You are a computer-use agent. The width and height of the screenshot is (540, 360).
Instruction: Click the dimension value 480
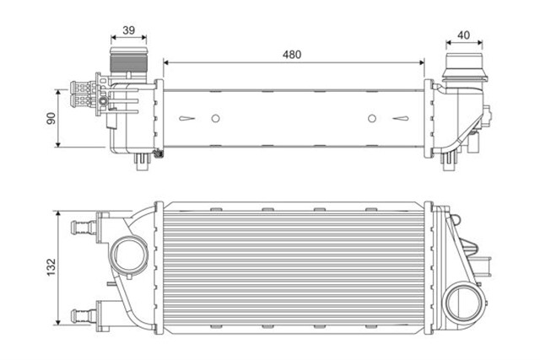coord(291,53)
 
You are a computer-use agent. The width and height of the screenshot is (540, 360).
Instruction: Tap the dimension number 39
coord(129,30)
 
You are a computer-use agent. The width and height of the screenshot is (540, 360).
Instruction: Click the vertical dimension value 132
coord(50,266)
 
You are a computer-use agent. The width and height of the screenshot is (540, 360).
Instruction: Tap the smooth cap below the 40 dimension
coord(463,70)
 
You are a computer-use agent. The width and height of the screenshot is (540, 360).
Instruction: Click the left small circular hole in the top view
coord(215,118)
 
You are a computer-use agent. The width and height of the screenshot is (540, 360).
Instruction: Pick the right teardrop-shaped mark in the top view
coord(402,118)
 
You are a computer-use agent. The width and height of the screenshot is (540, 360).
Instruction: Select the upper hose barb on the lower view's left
coord(84,225)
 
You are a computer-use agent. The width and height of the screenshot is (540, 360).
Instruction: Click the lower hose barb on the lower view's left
coord(84,315)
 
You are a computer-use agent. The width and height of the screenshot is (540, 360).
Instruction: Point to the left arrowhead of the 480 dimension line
coord(165,62)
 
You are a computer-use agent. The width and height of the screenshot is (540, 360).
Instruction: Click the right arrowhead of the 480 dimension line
coord(423,62)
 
